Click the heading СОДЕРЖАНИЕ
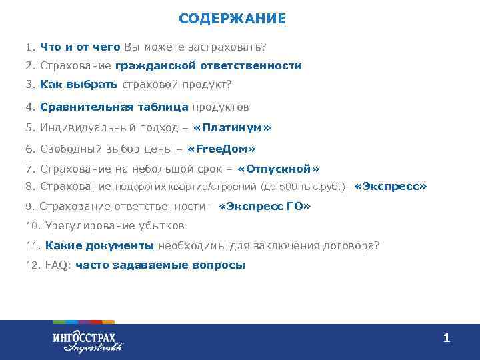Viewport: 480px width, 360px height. [232, 19]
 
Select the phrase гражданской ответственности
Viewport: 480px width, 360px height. [208, 66]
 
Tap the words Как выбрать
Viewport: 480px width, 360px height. [79, 85]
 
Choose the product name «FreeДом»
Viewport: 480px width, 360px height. [222, 149]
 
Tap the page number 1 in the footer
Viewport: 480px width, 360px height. [447, 339]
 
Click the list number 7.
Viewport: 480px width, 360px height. [29, 169]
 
